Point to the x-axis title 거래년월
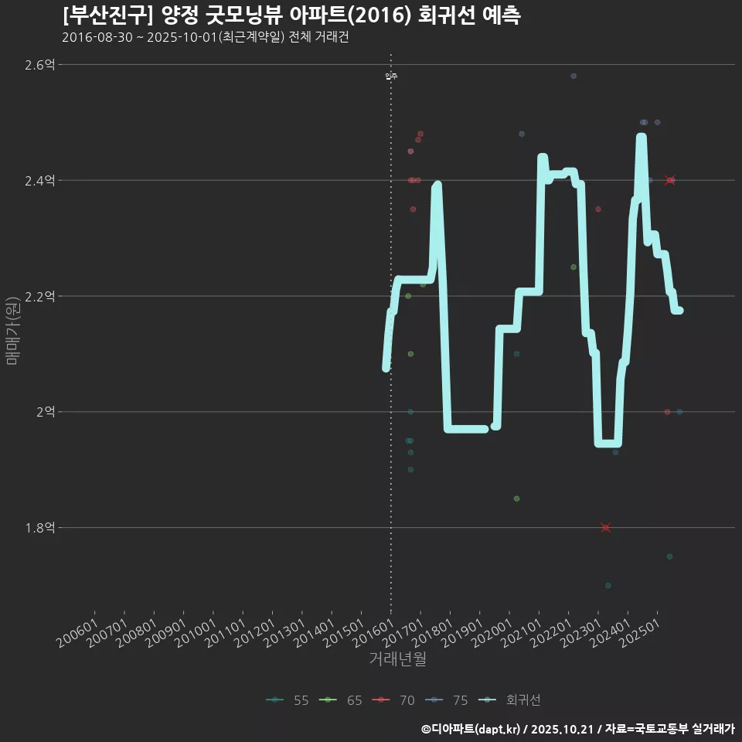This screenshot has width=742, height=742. coord(397,659)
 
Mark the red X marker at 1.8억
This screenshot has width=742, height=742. coord(605,528)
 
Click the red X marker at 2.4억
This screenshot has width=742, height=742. coord(670,180)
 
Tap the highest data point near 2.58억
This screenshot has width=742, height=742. coord(574,76)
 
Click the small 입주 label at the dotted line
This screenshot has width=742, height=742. coord(391,77)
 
